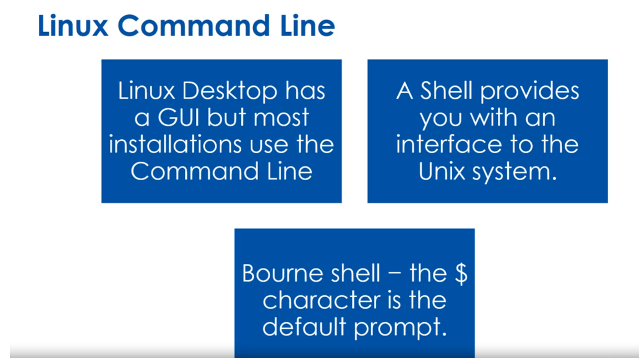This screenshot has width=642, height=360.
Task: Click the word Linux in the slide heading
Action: (x=73, y=26)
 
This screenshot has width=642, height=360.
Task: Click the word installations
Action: (x=175, y=144)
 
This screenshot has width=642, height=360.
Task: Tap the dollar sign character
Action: (x=461, y=274)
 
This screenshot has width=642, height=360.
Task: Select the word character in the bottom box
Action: (x=313, y=301)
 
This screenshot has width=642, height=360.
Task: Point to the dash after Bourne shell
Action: (x=396, y=275)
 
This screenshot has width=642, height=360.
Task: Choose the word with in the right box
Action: (x=488, y=118)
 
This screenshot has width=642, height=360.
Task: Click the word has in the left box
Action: (x=305, y=92)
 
